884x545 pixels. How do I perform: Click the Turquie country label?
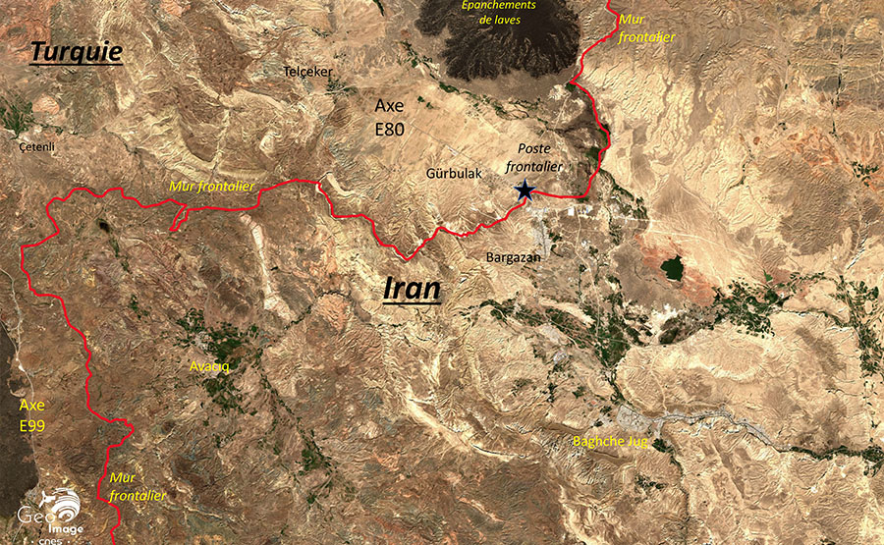tap(76, 51)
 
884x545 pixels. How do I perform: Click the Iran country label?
tap(412, 288)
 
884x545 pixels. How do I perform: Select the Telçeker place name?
tap(308, 72)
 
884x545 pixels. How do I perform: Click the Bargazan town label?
tap(514, 256)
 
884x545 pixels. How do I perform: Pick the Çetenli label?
tap(37, 146)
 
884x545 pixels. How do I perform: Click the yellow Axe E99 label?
tap(32, 414)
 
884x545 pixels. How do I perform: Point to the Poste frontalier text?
tap(539, 157)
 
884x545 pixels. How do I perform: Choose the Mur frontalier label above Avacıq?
tap(212, 185)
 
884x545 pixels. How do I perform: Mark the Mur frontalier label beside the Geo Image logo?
tap(137, 485)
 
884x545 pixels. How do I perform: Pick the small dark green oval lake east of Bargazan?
tap(672, 267)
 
